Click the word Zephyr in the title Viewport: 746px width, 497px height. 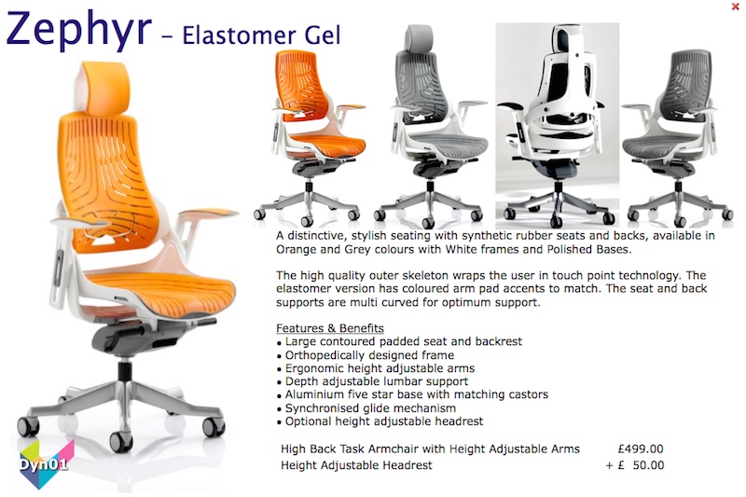point(79,29)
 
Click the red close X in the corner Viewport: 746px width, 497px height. point(735,7)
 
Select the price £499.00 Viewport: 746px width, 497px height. point(641,449)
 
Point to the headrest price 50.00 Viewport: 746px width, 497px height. point(648,465)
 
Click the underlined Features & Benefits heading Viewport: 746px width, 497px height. point(330,328)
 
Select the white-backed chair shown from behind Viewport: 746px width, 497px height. point(557,125)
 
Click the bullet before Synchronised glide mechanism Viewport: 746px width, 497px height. point(279,409)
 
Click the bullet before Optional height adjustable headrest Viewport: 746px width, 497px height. point(279,422)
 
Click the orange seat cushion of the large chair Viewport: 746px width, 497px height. point(160,289)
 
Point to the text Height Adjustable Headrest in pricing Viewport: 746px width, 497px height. point(356,465)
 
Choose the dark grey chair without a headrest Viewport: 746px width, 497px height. point(677,137)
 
